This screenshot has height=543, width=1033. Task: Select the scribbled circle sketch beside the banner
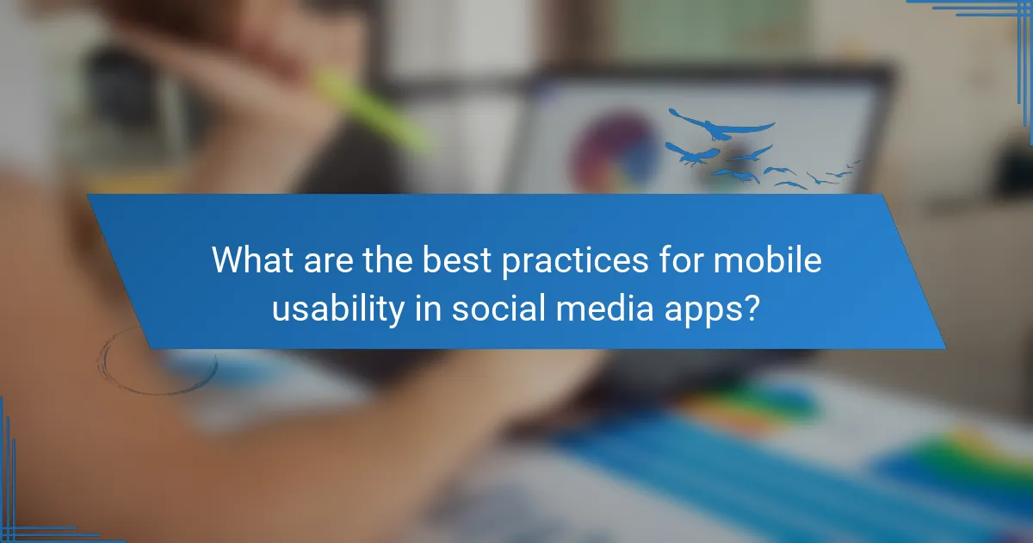tap(155, 362)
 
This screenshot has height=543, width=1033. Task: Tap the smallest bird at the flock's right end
tap(854, 162)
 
